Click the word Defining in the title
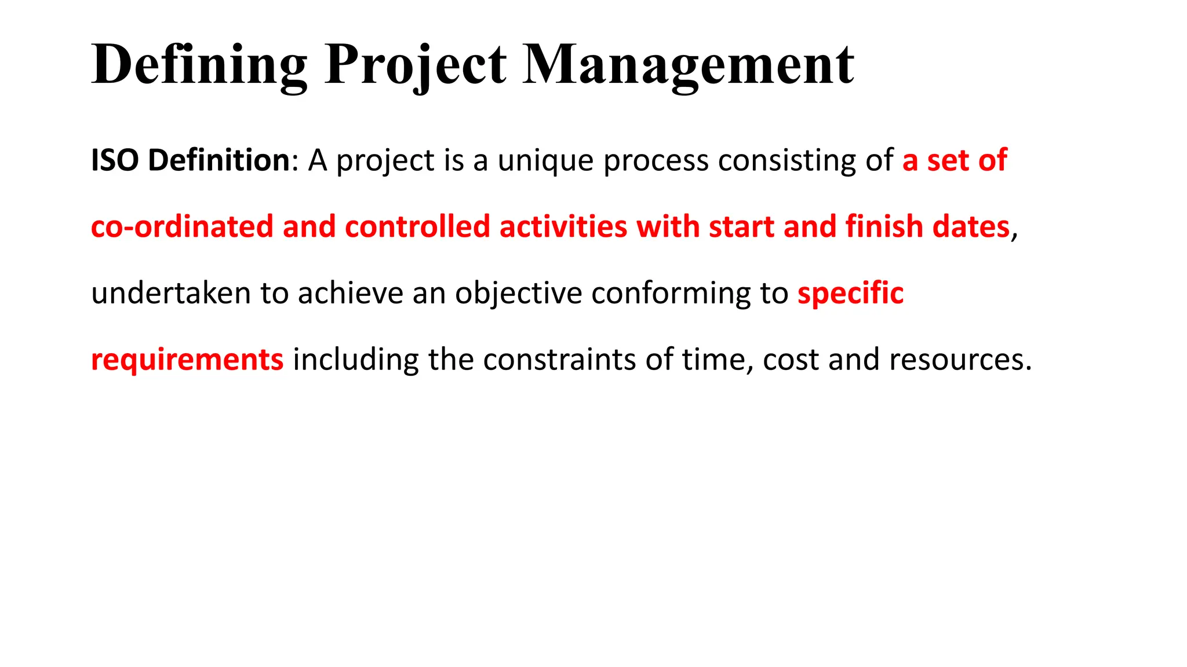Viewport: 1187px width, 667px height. [x=199, y=65]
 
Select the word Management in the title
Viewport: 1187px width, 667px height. [x=688, y=65]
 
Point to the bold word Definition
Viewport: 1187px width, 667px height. [x=219, y=160]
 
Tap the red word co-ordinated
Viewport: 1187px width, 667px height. [x=182, y=227]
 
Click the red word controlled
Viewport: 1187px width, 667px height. [x=417, y=227]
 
